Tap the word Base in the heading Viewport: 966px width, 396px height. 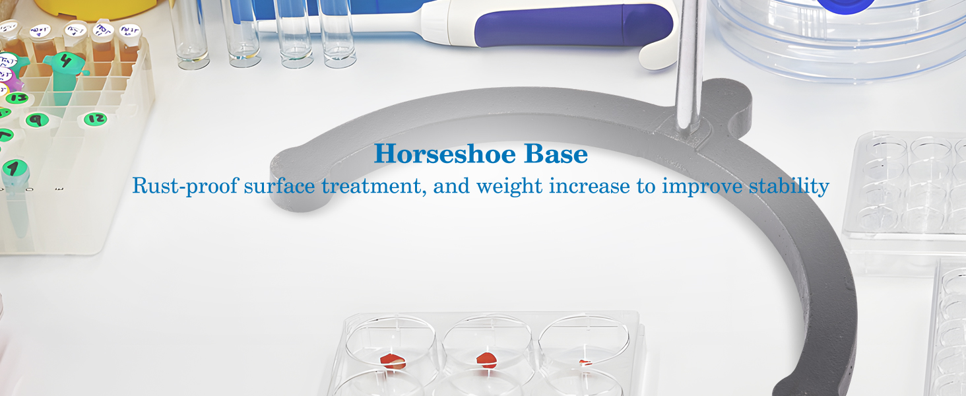(556, 154)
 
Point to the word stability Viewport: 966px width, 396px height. (789, 186)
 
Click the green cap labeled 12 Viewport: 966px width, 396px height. (95, 119)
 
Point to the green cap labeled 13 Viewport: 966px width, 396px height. (18, 98)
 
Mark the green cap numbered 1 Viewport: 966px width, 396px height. (15, 169)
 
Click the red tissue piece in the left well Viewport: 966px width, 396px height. (393, 360)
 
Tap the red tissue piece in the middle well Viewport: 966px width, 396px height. (487, 360)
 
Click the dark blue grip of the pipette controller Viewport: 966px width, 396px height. (574, 25)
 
